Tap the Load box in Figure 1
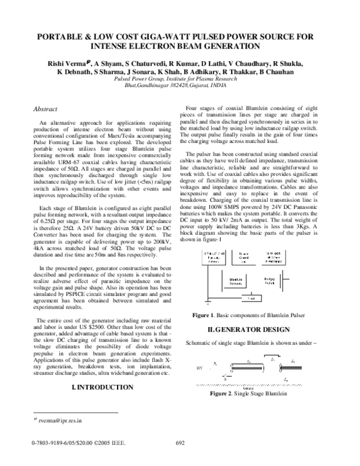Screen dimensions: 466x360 pyautogui.click(x=253, y=298)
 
